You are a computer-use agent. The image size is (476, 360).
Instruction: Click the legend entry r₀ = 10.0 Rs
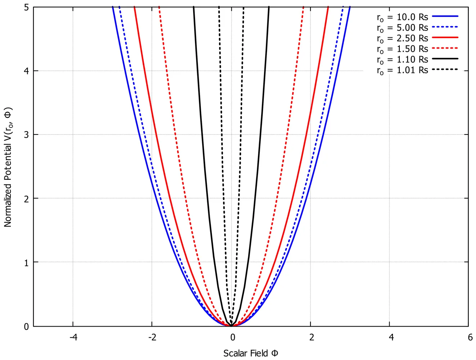(403, 17)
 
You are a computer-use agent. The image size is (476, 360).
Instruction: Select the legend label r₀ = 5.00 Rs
(403, 28)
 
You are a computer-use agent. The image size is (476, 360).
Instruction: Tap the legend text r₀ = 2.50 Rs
(403, 38)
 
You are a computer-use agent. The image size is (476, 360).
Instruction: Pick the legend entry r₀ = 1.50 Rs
(403, 49)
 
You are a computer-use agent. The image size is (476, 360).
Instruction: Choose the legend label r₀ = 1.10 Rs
(403, 60)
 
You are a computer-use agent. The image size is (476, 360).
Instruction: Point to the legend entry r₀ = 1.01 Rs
(403, 70)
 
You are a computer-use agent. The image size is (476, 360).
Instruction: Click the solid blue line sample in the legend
(445, 16)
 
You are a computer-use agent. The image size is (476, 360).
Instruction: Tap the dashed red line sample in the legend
(445, 48)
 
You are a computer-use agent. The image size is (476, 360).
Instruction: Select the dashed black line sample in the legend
(445, 69)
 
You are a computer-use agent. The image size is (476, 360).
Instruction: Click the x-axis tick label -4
(73, 337)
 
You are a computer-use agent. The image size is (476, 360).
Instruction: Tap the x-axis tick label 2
(312, 337)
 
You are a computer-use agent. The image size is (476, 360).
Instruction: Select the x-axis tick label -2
(153, 337)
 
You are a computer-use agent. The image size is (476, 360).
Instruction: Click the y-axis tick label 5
(27, 8)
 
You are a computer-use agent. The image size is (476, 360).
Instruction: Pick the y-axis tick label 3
(27, 135)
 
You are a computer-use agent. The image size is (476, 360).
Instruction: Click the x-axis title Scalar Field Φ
(251, 353)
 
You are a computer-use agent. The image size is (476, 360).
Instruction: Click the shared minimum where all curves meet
(231, 326)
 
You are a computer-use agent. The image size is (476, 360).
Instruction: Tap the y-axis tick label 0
(27, 327)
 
